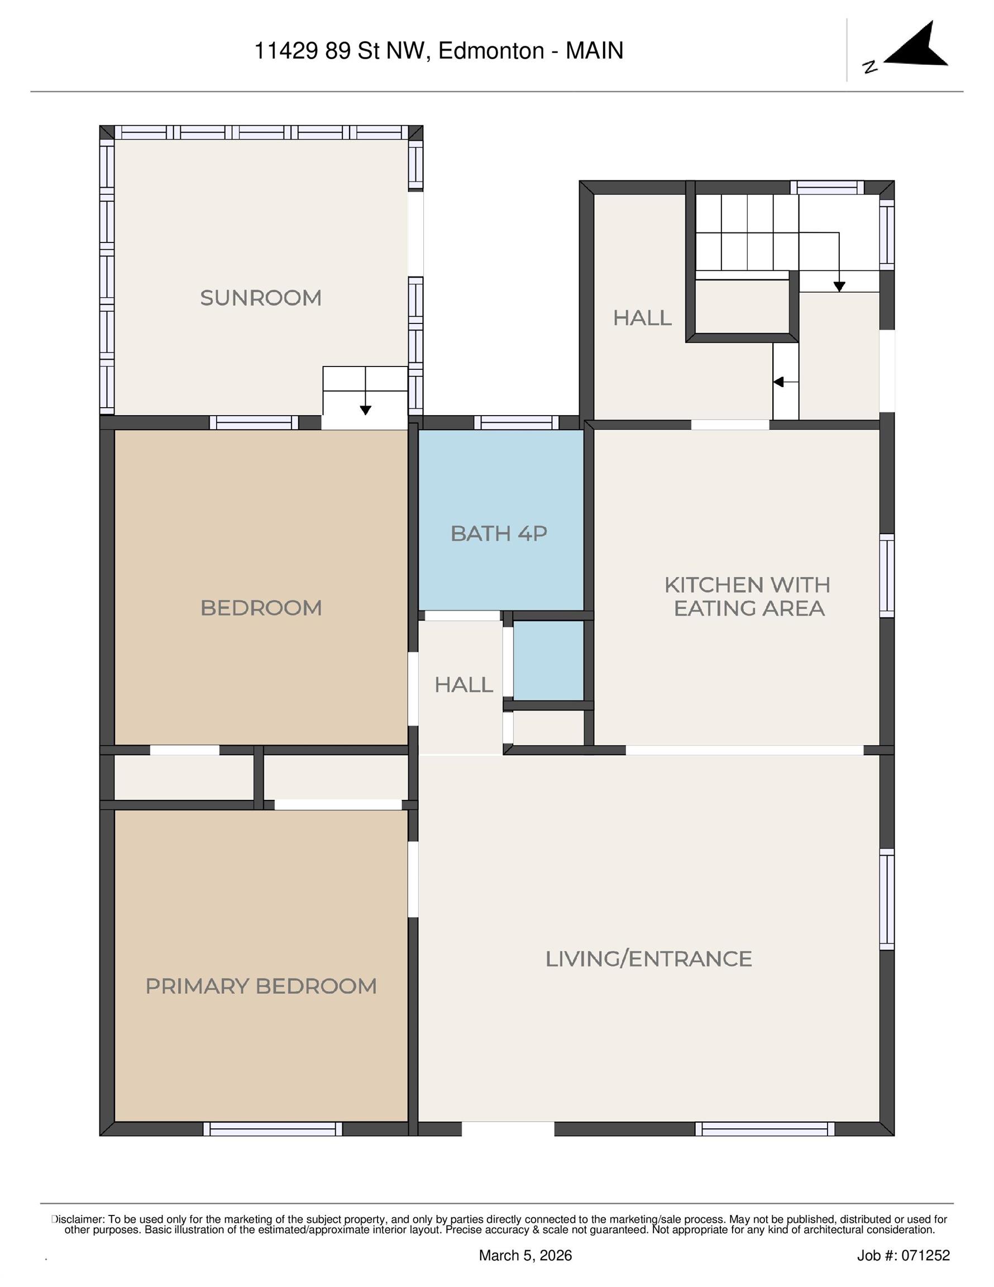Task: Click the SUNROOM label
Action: (x=260, y=298)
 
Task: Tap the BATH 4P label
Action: (x=499, y=534)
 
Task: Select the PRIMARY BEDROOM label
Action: (x=261, y=986)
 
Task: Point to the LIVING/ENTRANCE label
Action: (x=648, y=959)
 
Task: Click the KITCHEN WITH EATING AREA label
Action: (x=748, y=597)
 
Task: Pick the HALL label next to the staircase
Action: (x=642, y=318)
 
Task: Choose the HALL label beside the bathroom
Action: (x=463, y=685)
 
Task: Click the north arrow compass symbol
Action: (x=916, y=46)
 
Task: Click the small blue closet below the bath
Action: (x=548, y=660)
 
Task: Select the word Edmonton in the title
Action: (x=491, y=51)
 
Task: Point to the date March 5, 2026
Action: (x=525, y=1256)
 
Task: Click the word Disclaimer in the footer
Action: (x=78, y=1219)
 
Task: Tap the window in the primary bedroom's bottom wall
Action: (x=273, y=1129)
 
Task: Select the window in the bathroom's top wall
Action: (x=517, y=422)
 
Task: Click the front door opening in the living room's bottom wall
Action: (x=508, y=1129)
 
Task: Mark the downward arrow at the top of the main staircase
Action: (x=839, y=287)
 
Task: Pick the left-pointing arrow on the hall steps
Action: (x=778, y=383)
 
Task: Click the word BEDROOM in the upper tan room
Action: (x=261, y=608)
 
